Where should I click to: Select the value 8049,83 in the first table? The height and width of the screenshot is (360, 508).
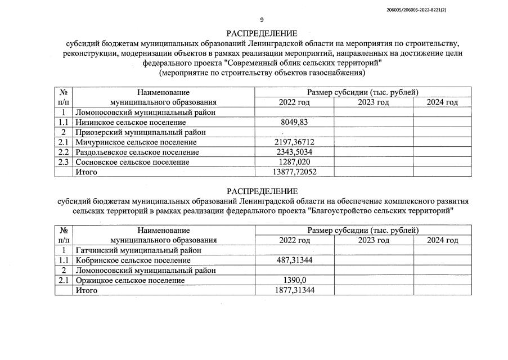[x=294, y=122]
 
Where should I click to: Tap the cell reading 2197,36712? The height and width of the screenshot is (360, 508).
[x=294, y=142]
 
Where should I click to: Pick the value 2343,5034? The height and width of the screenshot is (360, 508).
[x=294, y=152]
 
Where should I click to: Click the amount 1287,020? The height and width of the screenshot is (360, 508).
[x=294, y=162]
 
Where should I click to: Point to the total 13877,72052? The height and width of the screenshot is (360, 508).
[x=294, y=172]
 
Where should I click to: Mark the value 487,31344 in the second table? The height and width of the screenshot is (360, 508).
[x=294, y=260]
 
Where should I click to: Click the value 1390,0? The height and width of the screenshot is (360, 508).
[x=294, y=280]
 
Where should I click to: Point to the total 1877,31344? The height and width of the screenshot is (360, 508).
[x=294, y=290]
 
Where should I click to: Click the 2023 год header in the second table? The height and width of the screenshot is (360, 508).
[x=374, y=240]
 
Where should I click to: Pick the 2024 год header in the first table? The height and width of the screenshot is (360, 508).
[x=442, y=102]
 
